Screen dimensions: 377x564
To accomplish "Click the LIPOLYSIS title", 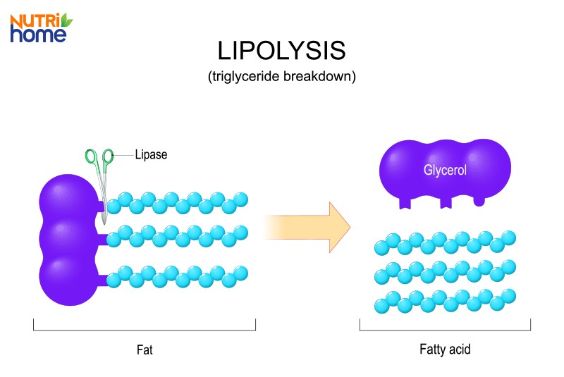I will pyautogui.click(x=281, y=51).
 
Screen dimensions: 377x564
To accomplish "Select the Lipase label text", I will pyautogui.click(x=151, y=154).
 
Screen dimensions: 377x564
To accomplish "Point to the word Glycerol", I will pyautogui.click(x=445, y=170).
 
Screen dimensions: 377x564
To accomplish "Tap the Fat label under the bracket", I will pyautogui.click(x=145, y=348).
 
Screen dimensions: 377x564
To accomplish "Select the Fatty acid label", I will pyautogui.click(x=444, y=348).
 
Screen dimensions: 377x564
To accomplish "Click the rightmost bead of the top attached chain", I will pyautogui.click(x=240, y=199).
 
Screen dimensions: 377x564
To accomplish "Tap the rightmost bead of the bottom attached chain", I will pyautogui.click(x=240, y=273).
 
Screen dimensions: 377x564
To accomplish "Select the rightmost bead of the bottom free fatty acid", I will pyautogui.click(x=508, y=295).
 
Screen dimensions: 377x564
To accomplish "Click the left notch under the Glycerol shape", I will pyautogui.click(x=405, y=204).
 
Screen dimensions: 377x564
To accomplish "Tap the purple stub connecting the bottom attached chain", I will pyautogui.click(x=111, y=281).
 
